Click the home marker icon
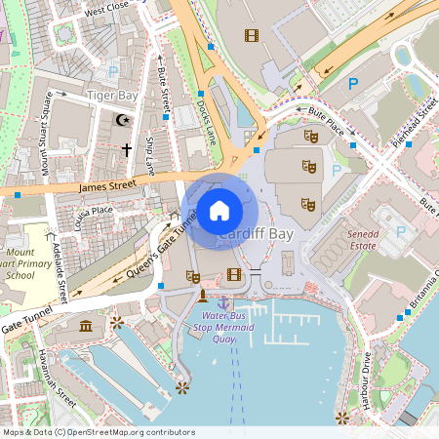click(x=219, y=210)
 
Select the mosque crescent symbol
click(x=122, y=120)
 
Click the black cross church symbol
click(x=126, y=149)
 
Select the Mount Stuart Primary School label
click(x=20, y=262)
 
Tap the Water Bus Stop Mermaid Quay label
click(x=227, y=328)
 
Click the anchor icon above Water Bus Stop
click(x=223, y=303)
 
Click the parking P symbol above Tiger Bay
click(x=114, y=71)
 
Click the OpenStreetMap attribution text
click(x=98, y=432)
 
